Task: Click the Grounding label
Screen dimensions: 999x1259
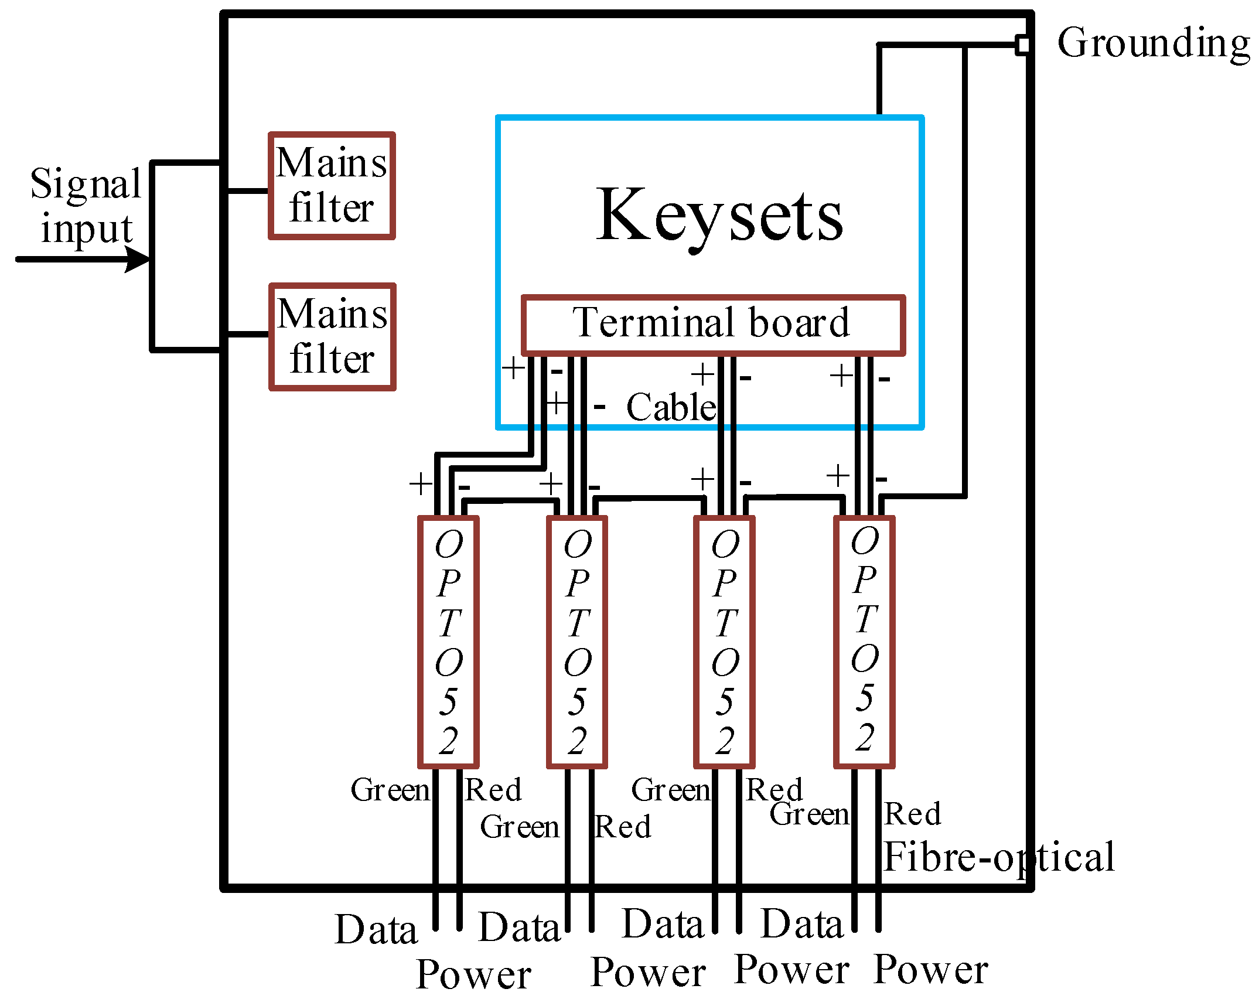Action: click(1153, 43)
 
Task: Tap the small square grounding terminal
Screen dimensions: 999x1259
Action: click(1023, 45)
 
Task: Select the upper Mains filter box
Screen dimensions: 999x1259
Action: click(332, 186)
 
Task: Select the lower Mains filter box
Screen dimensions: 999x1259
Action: click(332, 337)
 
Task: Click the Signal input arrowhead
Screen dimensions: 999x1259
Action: click(139, 259)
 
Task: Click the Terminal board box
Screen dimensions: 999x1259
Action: click(713, 325)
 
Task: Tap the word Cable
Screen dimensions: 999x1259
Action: click(671, 407)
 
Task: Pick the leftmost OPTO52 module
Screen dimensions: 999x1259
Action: click(449, 642)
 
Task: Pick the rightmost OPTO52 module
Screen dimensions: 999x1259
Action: click(865, 642)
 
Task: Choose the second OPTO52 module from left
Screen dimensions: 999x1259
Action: click(577, 642)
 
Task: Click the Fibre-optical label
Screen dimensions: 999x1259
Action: click(998, 857)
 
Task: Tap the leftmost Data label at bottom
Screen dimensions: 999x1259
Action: click(376, 930)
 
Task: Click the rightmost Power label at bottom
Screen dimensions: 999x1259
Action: click(930, 970)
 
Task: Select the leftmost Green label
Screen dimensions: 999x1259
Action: click(390, 790)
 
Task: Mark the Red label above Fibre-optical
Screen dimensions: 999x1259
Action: click(912, 814)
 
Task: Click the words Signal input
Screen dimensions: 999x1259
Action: click(86, 205)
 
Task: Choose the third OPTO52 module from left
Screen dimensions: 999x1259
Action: click(725, 642)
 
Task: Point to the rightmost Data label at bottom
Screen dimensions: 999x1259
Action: click(801, 925)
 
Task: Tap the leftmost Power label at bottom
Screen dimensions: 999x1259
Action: click(473, 974)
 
